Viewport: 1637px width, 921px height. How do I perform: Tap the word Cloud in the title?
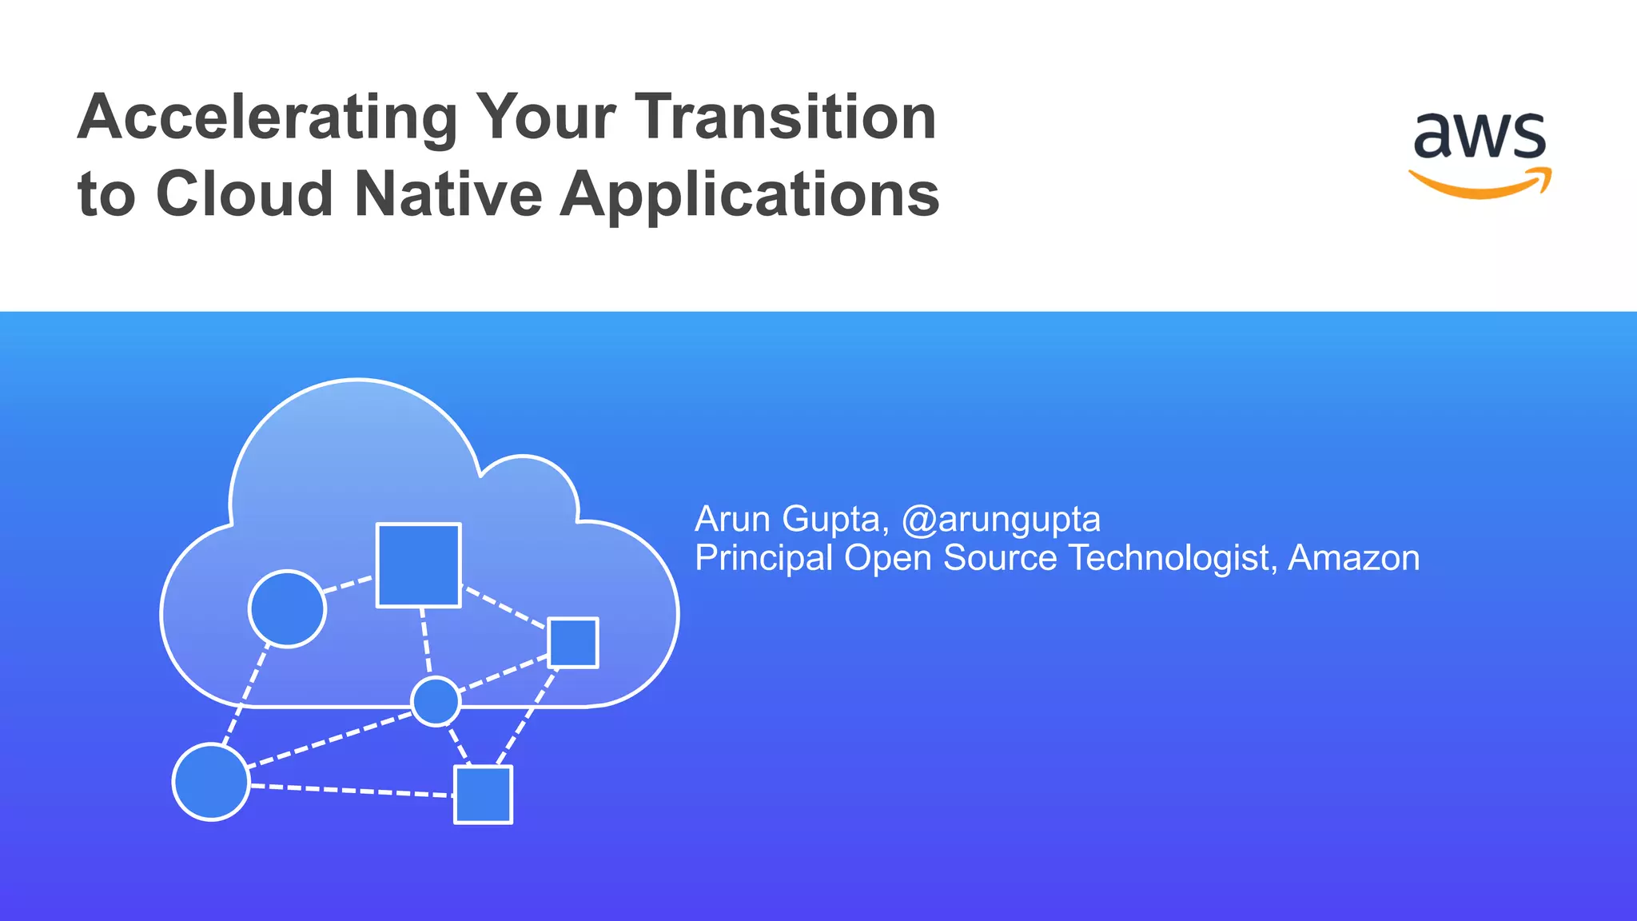(245, 194)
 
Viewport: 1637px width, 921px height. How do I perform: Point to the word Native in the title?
(448, 194)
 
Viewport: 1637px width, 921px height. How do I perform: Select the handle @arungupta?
(1001, 520)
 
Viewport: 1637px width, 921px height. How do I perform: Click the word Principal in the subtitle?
(764, 558)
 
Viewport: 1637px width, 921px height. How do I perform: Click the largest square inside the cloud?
(418, 565)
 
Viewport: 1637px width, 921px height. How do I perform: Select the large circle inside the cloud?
(287, 609)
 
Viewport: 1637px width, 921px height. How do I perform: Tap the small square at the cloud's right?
(573, 642)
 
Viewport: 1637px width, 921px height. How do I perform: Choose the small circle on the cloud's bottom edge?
(436, 701)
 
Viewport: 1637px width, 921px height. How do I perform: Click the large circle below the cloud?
(211, 782)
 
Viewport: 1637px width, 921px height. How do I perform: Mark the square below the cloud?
(483, 795)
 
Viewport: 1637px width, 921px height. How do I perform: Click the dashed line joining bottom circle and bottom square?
(352, 791)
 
